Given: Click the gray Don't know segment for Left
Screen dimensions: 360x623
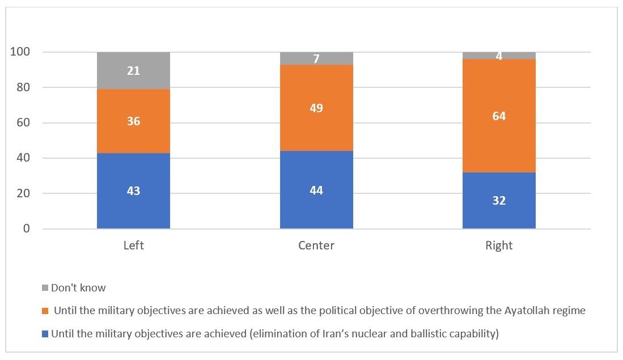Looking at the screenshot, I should click(133, 71).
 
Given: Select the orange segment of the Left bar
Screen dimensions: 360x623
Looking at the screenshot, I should click(133, 121).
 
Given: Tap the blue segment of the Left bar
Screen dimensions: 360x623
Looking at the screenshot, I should click(133, 191).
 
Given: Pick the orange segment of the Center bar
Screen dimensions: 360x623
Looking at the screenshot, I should click(316, 108).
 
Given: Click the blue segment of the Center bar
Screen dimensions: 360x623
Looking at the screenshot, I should click(316, 190).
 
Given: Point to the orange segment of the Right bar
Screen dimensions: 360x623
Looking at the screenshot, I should click(499, 116).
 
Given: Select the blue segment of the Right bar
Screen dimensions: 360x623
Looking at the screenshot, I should click(499, 201).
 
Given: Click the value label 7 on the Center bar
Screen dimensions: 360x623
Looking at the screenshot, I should click(316, 59).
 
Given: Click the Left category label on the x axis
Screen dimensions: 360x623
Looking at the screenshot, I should click(133, 245).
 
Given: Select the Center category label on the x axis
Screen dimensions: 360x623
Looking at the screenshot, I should click(316, 245).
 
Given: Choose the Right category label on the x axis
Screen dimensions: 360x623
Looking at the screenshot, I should click(499, 245).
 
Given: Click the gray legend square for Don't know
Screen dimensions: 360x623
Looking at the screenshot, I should click(45, 288).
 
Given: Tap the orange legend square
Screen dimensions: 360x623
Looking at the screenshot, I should click(45, 311).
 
